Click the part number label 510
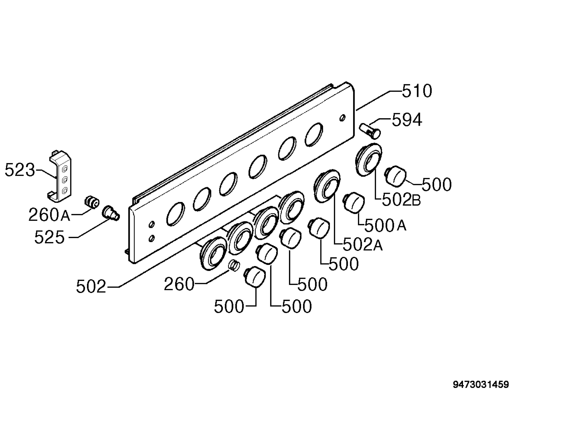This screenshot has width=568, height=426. tap(417, 91)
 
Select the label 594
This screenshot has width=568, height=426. tap(407, 120)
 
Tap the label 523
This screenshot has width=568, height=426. tap(20, 170)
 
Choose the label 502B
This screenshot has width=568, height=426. tap(401, 200)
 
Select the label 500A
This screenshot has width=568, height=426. tap(385, 226)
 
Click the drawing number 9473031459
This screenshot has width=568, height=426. tap(481, 385)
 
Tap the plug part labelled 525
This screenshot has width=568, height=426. tap(111, 213)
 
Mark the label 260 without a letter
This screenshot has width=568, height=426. tap(179, 284)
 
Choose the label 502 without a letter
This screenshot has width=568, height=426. tap(91, 287)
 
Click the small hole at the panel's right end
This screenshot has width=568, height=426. tap(342, 118)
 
